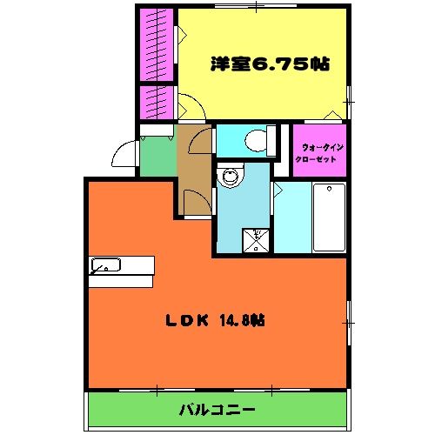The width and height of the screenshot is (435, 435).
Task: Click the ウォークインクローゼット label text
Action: (319, 152)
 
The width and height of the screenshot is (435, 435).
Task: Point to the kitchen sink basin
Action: (106, 265)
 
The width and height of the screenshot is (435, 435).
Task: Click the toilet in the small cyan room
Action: (255, 140)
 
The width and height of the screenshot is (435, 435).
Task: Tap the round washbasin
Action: (231, 178)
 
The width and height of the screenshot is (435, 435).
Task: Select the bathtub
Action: (329, 216)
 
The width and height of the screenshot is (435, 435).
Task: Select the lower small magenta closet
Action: (157, 102)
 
